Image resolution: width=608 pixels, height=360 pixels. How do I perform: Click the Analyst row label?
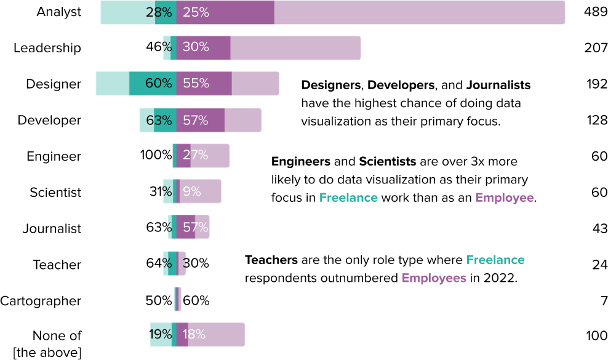click(58, 12)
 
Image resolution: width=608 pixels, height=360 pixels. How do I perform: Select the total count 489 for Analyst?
click(596, 12)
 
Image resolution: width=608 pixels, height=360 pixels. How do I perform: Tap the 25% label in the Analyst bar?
click(196, 12)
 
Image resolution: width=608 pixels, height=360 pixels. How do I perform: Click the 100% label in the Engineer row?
click(156, 156)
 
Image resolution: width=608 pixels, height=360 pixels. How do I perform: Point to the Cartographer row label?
click(41, 301)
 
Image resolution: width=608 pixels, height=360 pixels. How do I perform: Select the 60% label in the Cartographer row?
click(196, 301)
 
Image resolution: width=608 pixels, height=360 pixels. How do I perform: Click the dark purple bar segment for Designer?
click(204, 84)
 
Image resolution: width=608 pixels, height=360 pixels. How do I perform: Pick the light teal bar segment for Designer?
click(112, 84)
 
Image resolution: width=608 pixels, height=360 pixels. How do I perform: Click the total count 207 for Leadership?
click(596, 47)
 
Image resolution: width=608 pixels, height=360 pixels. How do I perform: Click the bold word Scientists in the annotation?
click(387, 162)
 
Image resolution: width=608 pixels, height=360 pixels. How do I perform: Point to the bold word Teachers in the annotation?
click(271, 260)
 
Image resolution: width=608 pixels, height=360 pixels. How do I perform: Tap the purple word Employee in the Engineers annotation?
click(505, 198)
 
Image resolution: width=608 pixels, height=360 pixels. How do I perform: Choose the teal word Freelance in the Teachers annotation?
click(495, 260)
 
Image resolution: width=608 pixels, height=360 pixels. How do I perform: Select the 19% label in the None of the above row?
click(160, 334)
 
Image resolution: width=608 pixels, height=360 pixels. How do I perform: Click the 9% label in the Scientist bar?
click(191, 192)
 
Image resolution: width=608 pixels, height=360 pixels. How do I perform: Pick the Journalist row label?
click(52, 228)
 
